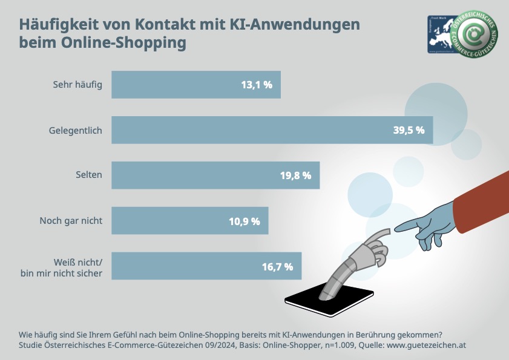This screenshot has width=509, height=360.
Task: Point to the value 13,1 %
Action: [x=257, y=85]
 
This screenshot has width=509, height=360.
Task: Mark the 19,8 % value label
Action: [x=295, y=175]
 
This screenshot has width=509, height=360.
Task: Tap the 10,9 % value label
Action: [x=245, y=221]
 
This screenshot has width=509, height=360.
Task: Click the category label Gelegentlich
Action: [x=76, y=129]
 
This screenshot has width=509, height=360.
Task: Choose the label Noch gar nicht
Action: [x=71, y=221]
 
